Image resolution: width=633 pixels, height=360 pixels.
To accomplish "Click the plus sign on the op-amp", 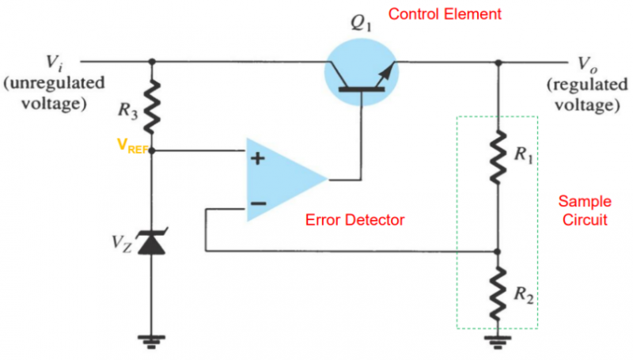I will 257,157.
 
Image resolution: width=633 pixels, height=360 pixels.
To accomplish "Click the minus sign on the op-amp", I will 257,204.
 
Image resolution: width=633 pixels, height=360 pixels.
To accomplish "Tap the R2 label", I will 525,296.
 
